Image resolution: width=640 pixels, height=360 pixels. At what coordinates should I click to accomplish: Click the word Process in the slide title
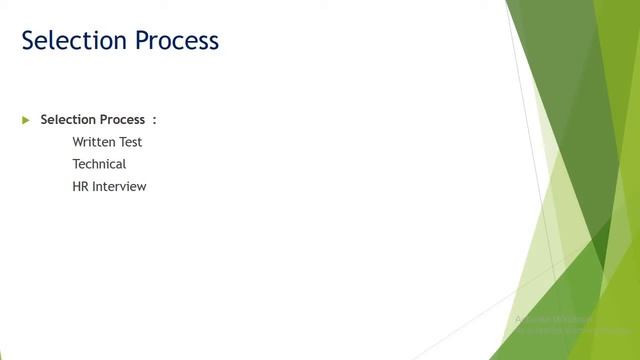171,41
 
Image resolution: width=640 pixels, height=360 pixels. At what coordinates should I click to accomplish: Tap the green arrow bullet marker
26,120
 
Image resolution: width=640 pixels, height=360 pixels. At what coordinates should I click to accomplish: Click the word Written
94,142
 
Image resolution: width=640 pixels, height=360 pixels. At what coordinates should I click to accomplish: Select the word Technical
99,164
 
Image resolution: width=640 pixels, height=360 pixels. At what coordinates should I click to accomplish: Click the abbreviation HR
80,186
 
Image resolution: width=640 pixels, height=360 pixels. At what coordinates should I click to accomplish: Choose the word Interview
119,186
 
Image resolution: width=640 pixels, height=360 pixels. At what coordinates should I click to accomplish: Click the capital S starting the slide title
29,41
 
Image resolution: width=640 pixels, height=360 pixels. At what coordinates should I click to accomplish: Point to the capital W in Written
78,142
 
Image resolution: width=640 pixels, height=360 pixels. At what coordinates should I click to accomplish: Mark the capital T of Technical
76,164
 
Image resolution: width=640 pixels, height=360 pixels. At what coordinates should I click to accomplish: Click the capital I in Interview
94,186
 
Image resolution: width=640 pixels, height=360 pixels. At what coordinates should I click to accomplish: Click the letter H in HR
76,186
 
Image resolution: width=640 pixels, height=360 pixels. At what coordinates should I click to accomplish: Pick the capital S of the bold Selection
44,120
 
